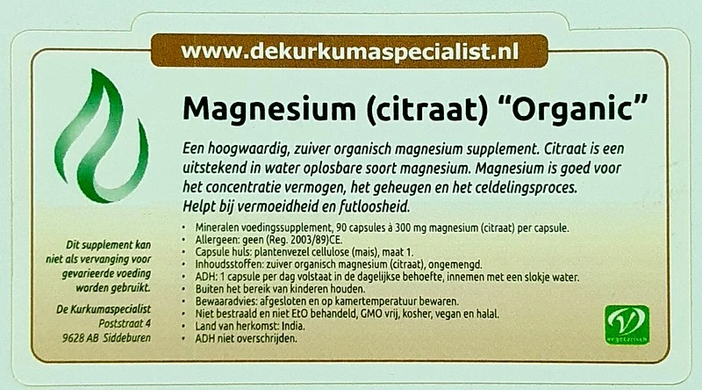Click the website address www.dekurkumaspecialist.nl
(x=349, y=51)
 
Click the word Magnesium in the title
(x=269, y=110)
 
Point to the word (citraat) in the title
(x=426, y=110)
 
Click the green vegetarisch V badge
(x=627, y=324)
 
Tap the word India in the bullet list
(x=293, y=326)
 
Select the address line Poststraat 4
(x=125, y=323)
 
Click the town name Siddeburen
(x=126, y=337)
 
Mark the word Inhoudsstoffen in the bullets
(x=226, y=264)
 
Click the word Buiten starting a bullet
(x=208, y=289)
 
